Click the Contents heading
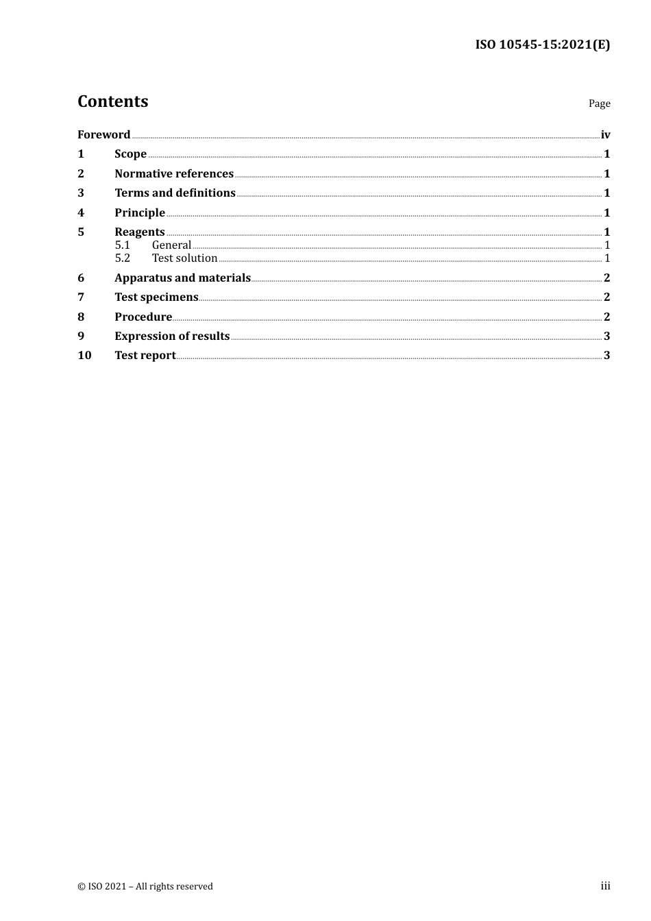112,101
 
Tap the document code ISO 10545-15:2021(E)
542,45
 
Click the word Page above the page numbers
599,103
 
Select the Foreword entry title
103,134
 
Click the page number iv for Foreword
605,134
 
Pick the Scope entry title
130,154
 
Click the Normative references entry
174,173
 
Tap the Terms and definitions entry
175,193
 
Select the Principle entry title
140,212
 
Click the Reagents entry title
140,232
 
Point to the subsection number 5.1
122,245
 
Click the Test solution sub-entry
184,258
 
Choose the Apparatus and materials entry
182,278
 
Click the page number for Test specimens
606,297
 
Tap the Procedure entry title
143,317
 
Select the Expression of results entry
172,336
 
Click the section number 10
84,355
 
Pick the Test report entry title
145,355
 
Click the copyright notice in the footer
145,887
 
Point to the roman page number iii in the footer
605,886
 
